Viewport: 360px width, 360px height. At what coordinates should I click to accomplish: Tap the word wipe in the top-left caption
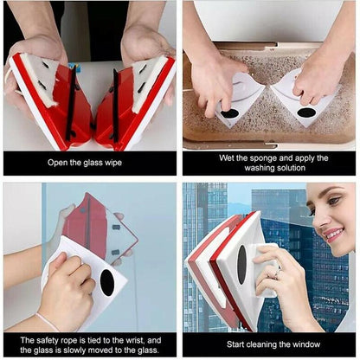(131, 164)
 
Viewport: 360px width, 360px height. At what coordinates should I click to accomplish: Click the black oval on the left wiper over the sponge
(229, 113)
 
